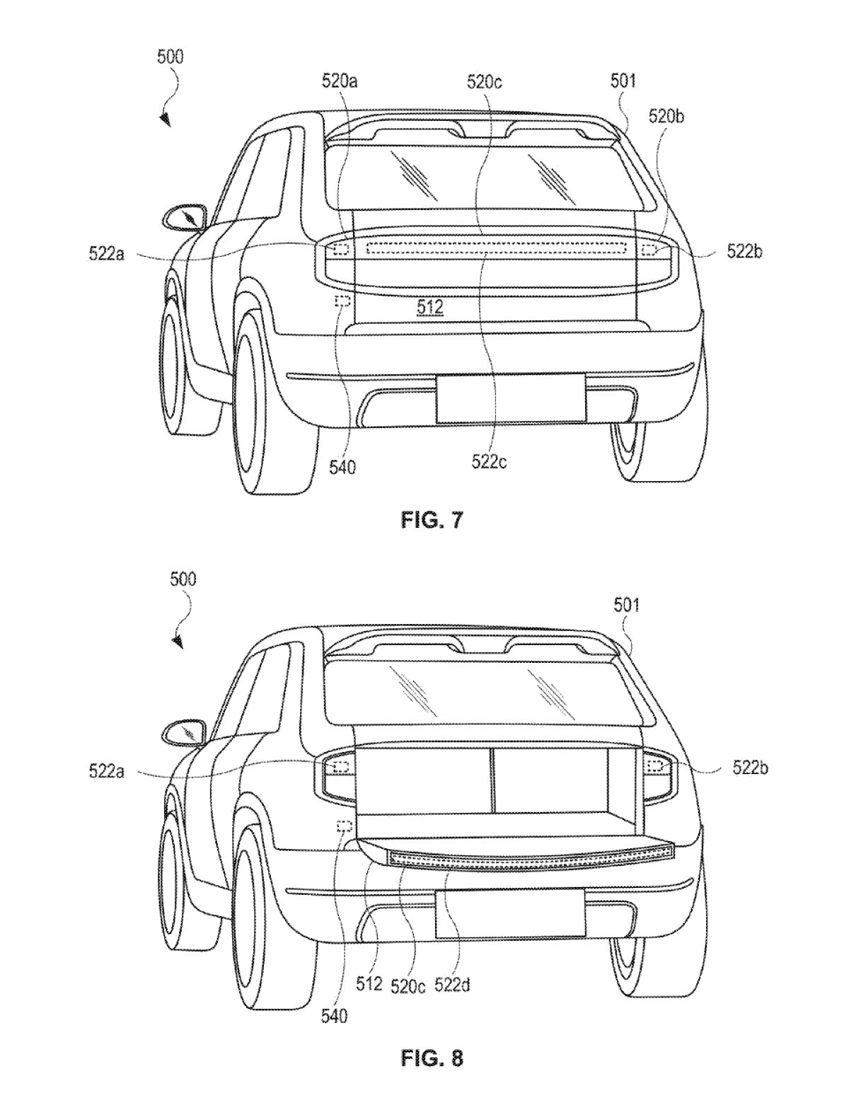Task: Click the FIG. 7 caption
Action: point(431,521)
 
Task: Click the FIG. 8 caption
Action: point(431,1058)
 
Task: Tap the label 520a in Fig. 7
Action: point(340,82)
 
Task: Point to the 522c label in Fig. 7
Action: point(489,461)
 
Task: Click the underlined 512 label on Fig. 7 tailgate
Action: point(430,307)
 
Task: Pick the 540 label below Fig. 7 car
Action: point(342,467)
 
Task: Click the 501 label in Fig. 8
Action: point(626,605)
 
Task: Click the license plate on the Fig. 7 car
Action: point(510,398)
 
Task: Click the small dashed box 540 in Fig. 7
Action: point(343,301)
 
